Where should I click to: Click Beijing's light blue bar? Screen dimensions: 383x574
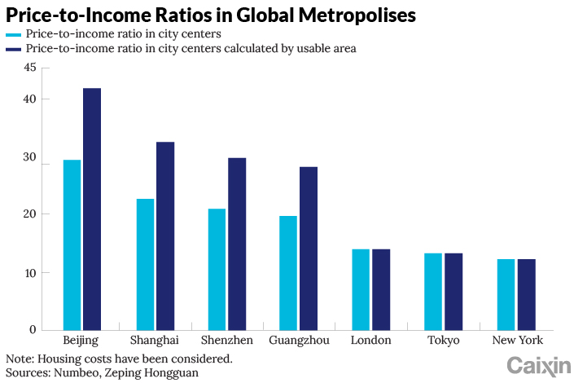pyautogui.click(x=72, y=244)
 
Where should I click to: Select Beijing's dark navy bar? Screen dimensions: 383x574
pyautogui.click(x=91, y=209)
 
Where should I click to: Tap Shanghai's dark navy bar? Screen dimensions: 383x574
pyautogui.click(x=165, y=236)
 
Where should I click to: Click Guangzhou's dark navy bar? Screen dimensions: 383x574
pyautogui.click(x=309, y=248)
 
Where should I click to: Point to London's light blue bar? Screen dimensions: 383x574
pyautogui.click(x=360, y=289)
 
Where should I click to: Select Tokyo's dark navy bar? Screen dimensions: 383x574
pyautogui.click(x=454, y=292)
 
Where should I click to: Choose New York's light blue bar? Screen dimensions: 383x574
pyautogui.click(x=506, y=294)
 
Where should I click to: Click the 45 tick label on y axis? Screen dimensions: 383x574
pyautogui.click(x=30, y=68)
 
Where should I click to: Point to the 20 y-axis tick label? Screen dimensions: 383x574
pyautogui.click(x=30, y=214)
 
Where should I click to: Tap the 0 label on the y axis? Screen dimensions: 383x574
pyautogui.click(x=33, y=330)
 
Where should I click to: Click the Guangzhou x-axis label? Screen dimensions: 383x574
pyautogui.click(x=299, y=341)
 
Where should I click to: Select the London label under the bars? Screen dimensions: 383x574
pyautogui.click(x=370, y=341)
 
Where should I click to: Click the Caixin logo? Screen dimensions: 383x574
pyautogui.click(x=538, y=366)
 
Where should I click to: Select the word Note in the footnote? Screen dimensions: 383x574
pyautogui.click(x=19, y=358)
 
